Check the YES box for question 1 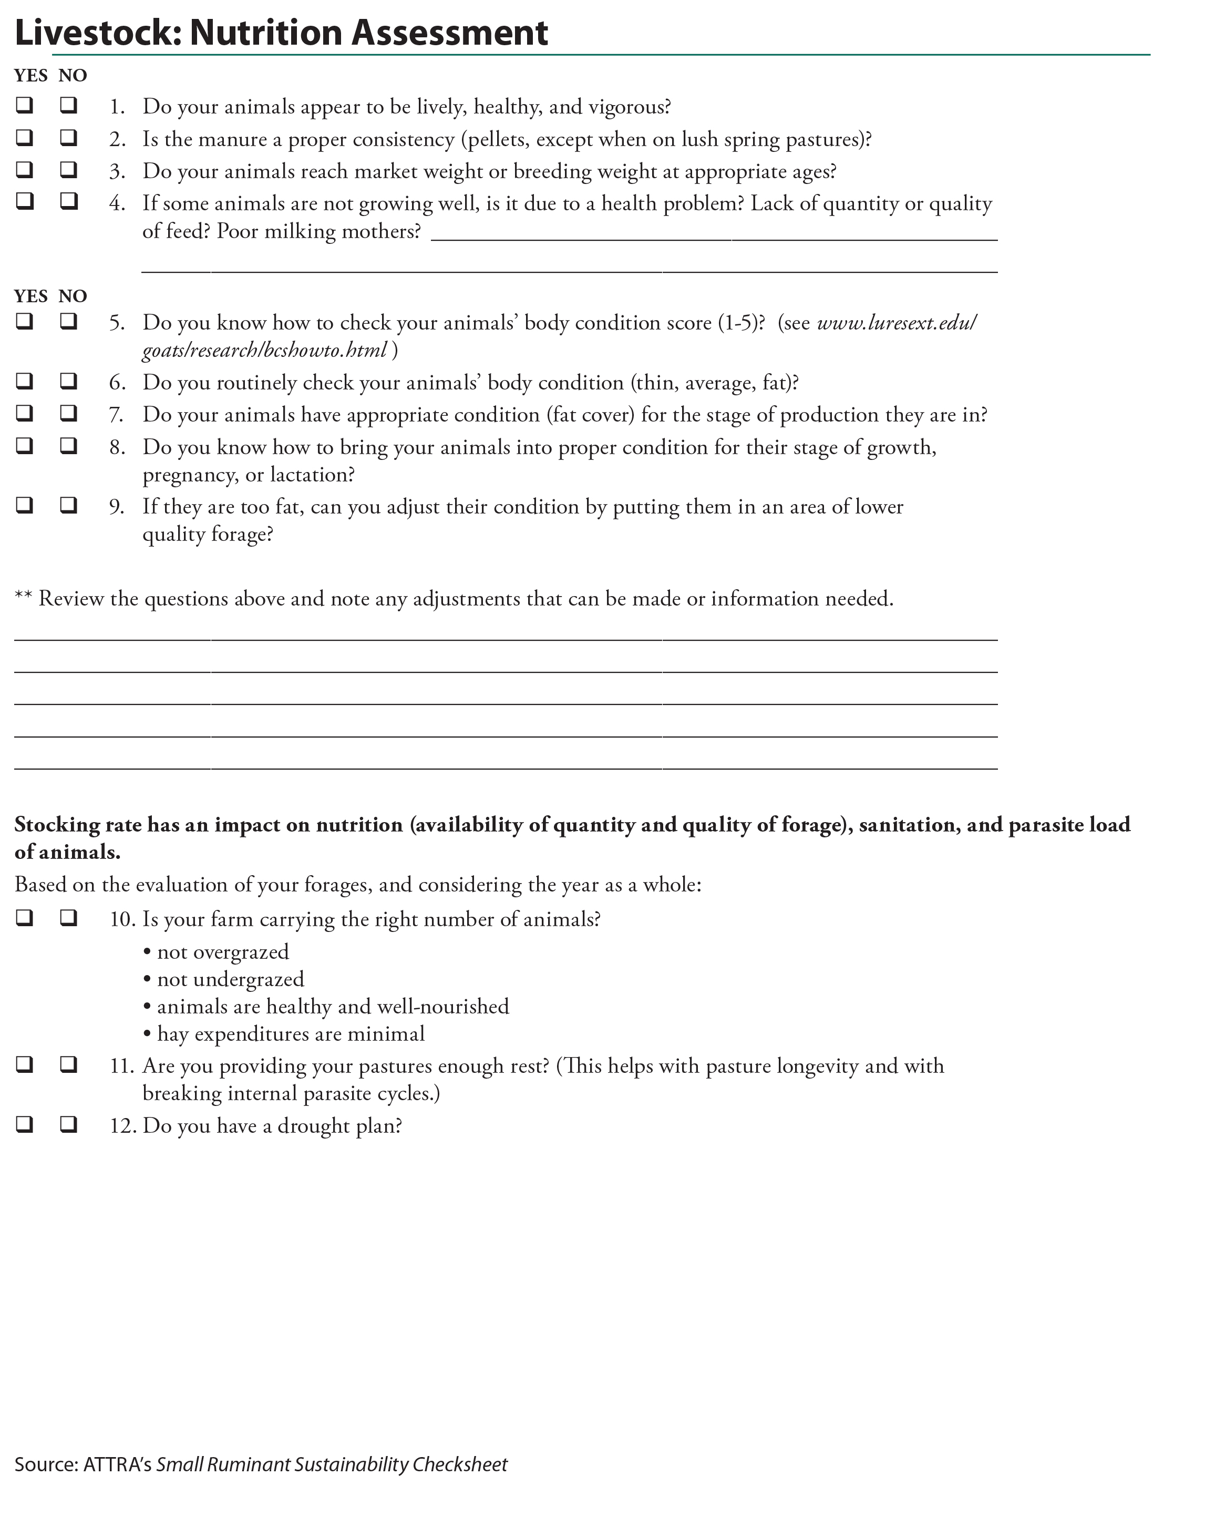[x=25, y=106]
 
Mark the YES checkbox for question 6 [x=25, y=381]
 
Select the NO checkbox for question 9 [x=68, y=505]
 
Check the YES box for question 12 [x=25, y=1124]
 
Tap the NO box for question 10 [x=68, y=917]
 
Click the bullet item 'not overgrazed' [x=222, y=952]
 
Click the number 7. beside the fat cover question [x=117, y=415]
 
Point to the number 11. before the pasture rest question [x=121, y=1065]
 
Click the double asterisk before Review [x=23, y=598]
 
